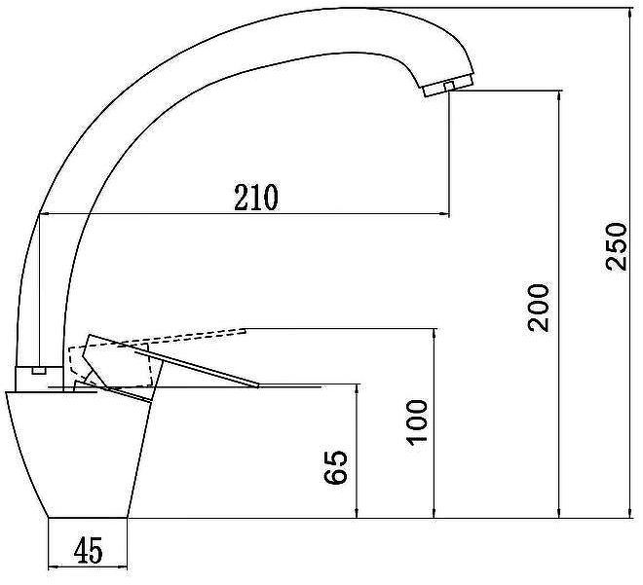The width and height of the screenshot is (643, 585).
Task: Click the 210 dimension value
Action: (x=256, y=198)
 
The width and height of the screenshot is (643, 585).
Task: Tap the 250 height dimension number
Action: (x=617, y=246)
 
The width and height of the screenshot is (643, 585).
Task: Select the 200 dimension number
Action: (x=538, y=308)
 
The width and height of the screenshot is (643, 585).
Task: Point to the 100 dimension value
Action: (x=417, y=422)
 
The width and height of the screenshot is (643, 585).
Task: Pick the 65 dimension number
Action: (x=336, y=467)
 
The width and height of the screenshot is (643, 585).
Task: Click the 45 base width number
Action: (x=89, y=550)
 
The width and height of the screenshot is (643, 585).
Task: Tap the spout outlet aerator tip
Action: (x=448, y=86)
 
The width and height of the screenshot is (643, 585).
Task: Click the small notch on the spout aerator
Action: (x=449, y=86)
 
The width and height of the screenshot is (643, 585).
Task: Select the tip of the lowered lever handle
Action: (x=258, y=385)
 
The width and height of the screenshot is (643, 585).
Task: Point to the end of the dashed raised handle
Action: (x=245, y=330)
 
